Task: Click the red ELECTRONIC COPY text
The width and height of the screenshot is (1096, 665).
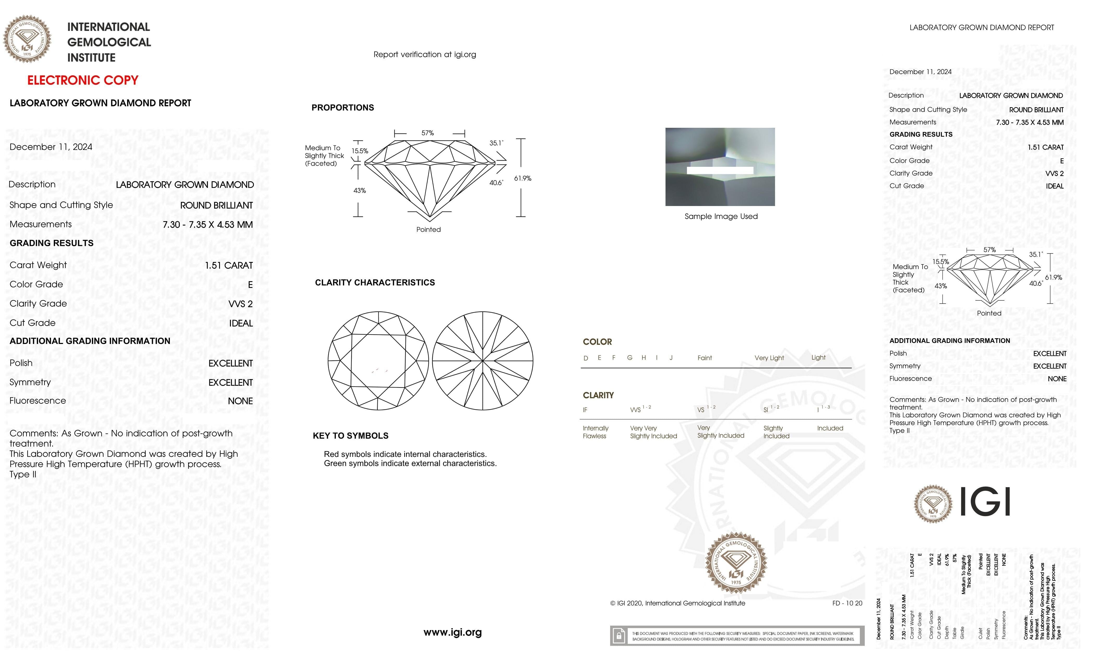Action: tap(83, 81)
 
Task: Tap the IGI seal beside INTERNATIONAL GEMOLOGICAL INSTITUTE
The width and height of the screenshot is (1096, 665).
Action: tap(27, 39)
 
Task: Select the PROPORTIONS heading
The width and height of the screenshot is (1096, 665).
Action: tap(342, 107)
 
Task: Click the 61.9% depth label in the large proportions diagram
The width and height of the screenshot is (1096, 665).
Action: tap(523, 178)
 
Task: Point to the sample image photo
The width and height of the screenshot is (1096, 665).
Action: tap(720, 167)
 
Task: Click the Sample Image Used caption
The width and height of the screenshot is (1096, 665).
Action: tap(720, 216)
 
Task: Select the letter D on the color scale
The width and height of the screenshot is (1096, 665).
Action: tap(586, 358)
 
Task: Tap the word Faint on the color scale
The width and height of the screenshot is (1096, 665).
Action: tap(705, 358)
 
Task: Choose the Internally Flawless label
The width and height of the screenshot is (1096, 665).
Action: tap(595, 432)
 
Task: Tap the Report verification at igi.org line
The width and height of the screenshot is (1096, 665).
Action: tap(424, 55)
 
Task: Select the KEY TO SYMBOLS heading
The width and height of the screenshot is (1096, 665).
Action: tap(350, 436)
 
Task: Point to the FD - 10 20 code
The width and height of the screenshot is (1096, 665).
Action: tap(847, 603)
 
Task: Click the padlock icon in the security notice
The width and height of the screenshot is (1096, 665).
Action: tap(618, 636)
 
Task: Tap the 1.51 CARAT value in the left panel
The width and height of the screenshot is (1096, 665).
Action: tap(229, 265)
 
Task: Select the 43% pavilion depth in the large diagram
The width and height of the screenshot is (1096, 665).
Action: tap(359, 191)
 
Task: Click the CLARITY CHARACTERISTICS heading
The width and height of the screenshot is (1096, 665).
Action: tap(374, 283)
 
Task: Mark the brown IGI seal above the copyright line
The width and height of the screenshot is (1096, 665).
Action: tap(736, 563)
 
